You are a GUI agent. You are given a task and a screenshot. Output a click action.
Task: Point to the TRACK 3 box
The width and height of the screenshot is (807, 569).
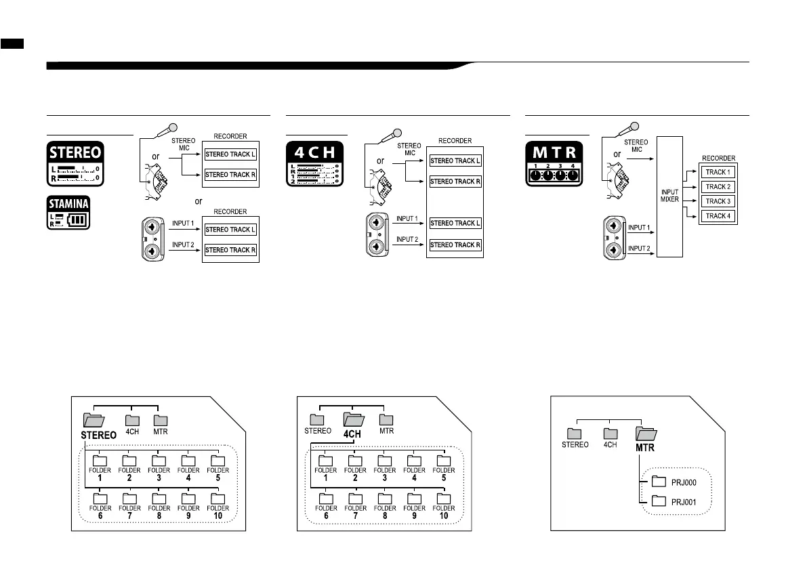718,202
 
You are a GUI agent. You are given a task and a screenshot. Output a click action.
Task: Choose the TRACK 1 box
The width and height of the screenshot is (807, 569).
718,172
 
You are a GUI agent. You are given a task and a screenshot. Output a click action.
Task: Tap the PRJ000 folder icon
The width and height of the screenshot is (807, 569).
659,482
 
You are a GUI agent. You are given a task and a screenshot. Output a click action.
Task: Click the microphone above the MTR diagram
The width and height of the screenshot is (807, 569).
635,127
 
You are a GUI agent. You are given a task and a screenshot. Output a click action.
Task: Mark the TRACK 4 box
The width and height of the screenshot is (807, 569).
718,217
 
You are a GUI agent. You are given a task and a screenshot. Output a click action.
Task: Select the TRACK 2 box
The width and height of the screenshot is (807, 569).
718,187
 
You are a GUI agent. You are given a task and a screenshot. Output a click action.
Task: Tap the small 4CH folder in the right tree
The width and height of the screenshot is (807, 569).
610,434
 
